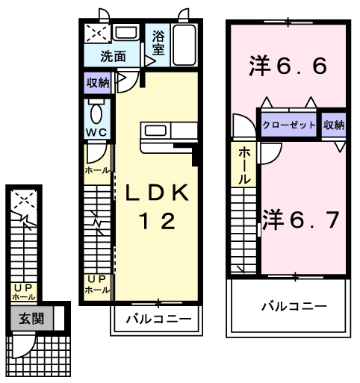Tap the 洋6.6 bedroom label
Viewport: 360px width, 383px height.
click(x=288, y=67)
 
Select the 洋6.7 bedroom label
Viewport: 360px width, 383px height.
click(x=301, y=219)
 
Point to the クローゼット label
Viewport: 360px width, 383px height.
click(x=289, y=125)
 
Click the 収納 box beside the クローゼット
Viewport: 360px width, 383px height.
click(x=335, y=125)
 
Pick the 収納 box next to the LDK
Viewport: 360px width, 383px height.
click(x=98, y=83)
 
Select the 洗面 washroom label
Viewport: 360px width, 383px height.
click(x=114, y=56)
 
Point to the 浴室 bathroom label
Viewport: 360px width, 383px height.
click(x=158, y=42)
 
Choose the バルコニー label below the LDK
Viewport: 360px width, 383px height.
click(x=158, y=320)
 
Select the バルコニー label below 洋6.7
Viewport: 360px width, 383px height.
click(x=294, y=305)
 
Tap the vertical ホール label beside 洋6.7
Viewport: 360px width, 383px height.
click(x=244, y=166)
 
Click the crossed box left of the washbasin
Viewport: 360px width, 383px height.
click(x=97, y=34)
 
